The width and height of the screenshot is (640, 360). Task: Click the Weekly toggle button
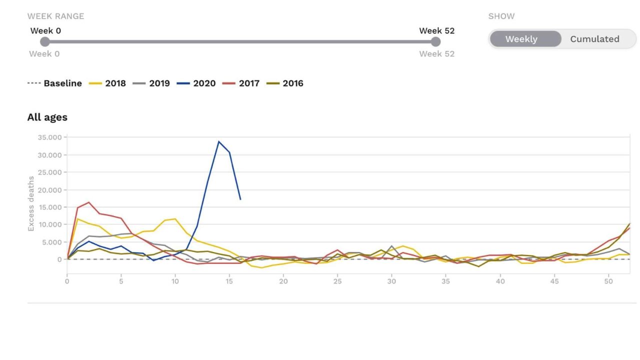(521, 39)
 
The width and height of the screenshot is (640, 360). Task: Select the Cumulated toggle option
(594, 39)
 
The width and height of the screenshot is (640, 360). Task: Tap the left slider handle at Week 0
(45, 42)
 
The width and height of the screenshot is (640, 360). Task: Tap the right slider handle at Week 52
(435, 42)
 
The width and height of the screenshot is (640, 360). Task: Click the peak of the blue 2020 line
(218, 141)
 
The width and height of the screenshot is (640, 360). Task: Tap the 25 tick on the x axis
(337, 281)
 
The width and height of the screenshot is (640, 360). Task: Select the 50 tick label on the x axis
(608, 281)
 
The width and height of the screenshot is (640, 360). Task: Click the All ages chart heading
(47, 117)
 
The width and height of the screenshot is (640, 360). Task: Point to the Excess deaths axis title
(31, 203)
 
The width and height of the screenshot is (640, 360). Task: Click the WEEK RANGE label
(55, 16)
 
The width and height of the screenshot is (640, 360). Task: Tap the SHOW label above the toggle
(501, 16)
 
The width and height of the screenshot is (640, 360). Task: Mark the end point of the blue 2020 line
(240, 199)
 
